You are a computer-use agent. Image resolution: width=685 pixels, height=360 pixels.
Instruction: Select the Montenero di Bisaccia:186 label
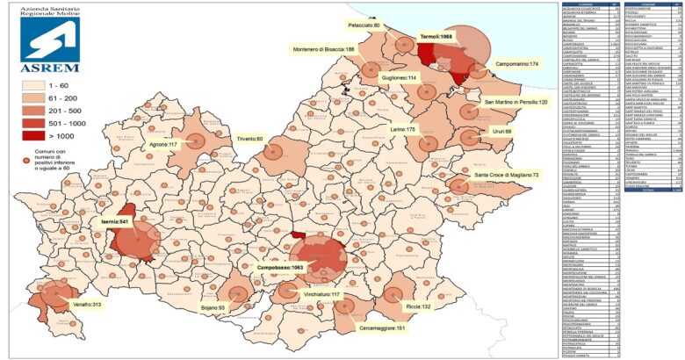pyautogui.click(x=323, y=50)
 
